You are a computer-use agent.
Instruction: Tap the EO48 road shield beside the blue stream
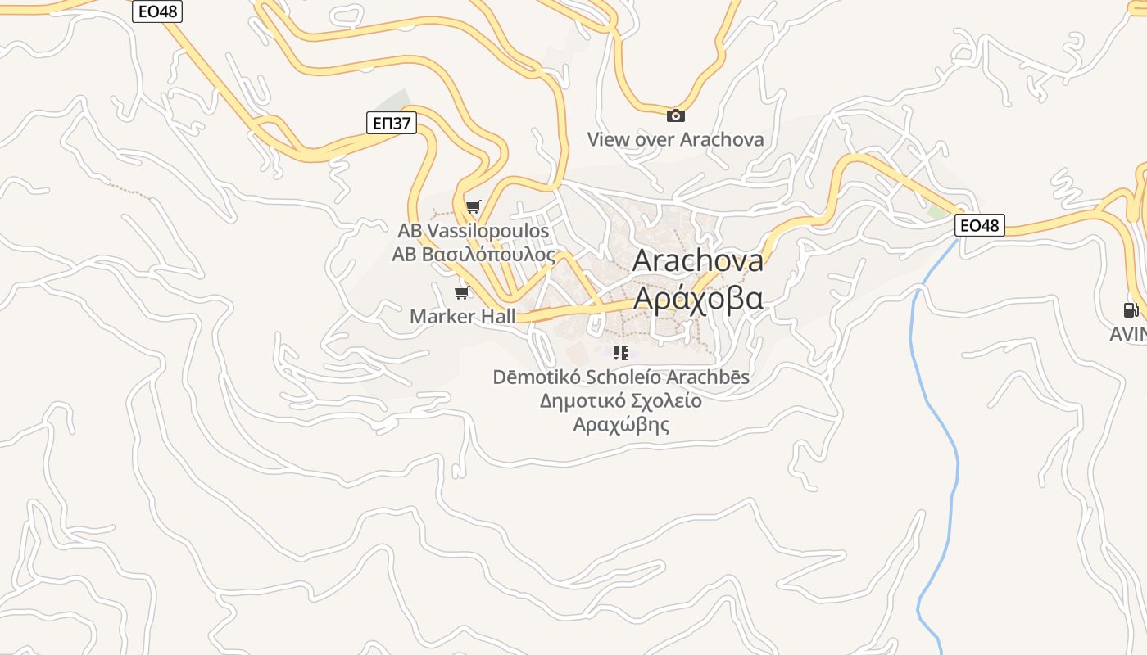tap(979, 225)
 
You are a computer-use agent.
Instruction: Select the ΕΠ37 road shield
tap(391, 124)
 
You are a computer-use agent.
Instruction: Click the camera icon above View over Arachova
tap(675, 115)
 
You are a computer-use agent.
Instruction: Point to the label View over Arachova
tap(675, 139)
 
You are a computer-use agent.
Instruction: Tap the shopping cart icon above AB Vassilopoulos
tap(473, 206)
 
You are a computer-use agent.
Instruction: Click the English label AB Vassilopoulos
tap(474, 231)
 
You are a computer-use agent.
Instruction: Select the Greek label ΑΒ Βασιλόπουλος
tap(474, 254)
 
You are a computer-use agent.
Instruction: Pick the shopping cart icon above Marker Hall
tap(462, 292)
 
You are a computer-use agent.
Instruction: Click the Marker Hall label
tap(462, 316)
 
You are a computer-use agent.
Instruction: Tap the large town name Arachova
tap(698, 260)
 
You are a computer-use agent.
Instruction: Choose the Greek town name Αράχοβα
tap(698, 297)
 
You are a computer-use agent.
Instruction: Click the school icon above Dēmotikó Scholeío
tap(621, 353)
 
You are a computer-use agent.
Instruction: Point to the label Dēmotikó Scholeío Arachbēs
tap(621, 377)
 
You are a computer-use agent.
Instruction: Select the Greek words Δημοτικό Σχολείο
tap(621, 401)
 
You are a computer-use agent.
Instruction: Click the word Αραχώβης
tap(621, 425)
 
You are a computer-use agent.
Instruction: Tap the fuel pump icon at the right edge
tap(1131, 310)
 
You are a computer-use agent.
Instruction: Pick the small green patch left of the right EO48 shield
tap(936, 212)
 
